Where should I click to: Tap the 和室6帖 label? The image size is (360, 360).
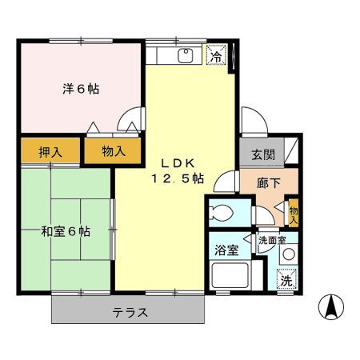66,232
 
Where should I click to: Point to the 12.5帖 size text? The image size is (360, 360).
176,178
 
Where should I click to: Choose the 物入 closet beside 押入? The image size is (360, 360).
114,151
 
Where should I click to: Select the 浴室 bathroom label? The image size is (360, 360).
226,249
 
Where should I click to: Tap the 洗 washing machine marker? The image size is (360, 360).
286,281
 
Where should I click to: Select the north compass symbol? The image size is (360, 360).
330,306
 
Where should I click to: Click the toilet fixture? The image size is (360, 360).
219,213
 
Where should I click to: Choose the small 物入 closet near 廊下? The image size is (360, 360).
293,212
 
